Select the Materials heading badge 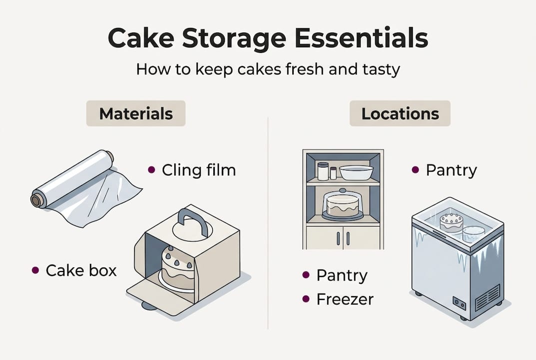136,113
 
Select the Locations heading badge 400,113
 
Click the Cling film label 198,170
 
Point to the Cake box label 81,270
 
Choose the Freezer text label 345,299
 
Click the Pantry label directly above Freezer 342,275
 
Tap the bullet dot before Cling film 151,170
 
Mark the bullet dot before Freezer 306,299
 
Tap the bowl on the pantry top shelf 356,172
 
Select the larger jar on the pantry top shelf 323,171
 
